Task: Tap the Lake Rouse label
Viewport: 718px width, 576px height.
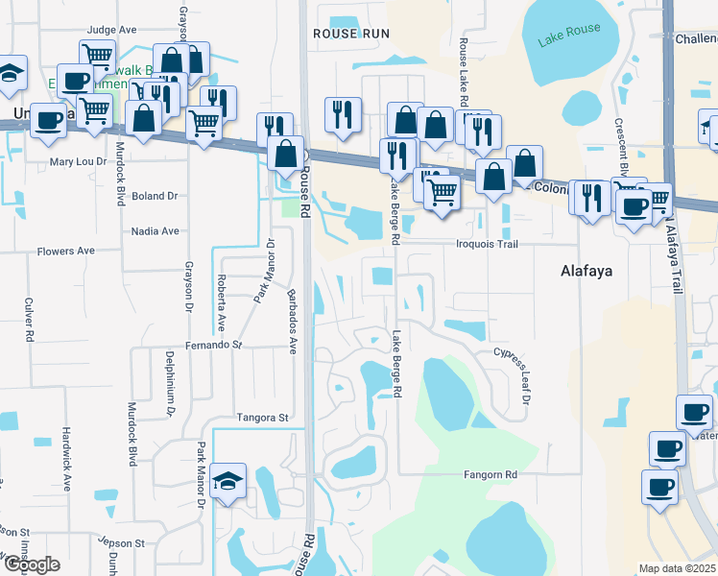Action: (569, 35)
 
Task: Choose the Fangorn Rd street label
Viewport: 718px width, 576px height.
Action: (490, 475)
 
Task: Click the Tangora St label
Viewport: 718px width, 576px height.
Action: (262, 419)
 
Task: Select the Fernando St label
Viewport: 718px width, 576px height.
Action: (213, 345)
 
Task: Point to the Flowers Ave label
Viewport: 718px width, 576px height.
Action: (65, 252)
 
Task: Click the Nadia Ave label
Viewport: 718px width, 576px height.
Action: (156, 231)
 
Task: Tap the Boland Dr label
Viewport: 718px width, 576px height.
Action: (156, 196)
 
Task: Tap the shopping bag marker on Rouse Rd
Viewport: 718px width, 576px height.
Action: (287, 154)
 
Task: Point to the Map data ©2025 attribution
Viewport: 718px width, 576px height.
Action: (677, 568)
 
